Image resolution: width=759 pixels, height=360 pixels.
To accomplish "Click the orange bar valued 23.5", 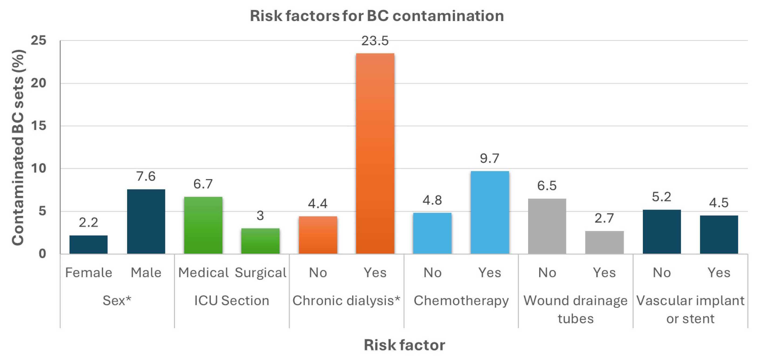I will [x=375, y=153].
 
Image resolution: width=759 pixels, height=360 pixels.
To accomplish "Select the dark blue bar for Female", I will [x=88, y=244].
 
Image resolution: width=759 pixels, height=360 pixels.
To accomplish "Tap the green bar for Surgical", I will [x=260, y=241].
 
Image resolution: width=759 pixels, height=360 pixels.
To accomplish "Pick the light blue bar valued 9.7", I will [x=489, y=212].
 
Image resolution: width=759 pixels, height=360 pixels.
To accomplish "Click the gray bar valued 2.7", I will [x=604, y=242].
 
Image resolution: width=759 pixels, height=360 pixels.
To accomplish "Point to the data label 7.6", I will [x=145, y=176].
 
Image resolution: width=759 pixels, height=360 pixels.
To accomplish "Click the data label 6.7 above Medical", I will [x=203, y=184].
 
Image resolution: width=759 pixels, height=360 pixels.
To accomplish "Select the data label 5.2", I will [x=661, y=197].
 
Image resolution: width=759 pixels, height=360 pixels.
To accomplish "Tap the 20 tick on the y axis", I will [x=39, y=83].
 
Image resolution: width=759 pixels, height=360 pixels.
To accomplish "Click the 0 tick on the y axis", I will [x=42, y=254].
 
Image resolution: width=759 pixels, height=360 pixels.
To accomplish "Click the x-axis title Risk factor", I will [x=404, y=345].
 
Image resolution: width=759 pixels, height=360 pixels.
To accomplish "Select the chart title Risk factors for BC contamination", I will [x=377, y=16].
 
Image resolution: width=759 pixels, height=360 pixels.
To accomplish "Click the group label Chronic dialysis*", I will [x=346, y=301].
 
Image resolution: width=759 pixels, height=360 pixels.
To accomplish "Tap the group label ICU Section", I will [x=232, y=301].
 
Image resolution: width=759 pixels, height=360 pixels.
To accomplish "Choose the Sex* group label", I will [x=117, y=301].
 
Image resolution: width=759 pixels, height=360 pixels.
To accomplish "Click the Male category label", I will [x=146, y=272].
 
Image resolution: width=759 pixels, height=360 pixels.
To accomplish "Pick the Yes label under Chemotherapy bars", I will [x=489, y=272].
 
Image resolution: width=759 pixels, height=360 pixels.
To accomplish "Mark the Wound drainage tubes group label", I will [x=576, y=309].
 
